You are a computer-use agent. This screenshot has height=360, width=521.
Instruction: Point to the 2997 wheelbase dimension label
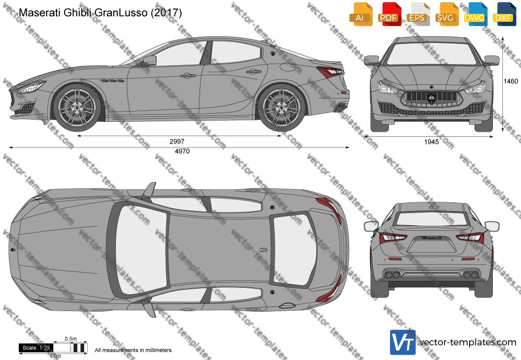(177, 141)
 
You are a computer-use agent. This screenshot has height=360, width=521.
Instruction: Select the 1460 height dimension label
(511, 81)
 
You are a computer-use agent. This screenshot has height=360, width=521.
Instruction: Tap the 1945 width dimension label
(431, 142)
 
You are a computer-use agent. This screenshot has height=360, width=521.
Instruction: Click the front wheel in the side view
(77, 107)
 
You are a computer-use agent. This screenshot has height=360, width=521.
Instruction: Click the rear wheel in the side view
(281, 107)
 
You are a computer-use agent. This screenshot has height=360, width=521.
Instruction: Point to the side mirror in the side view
(150, 61)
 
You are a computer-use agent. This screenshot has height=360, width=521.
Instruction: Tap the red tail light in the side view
(330, 71)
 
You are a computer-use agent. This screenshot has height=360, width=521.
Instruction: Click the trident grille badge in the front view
(431, 98)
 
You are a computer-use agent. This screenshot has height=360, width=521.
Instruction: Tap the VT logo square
(403, 342)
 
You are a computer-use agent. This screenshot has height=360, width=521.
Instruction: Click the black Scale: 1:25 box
(36, 348)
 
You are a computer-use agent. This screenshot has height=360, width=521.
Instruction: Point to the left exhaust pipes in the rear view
(391, 275)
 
